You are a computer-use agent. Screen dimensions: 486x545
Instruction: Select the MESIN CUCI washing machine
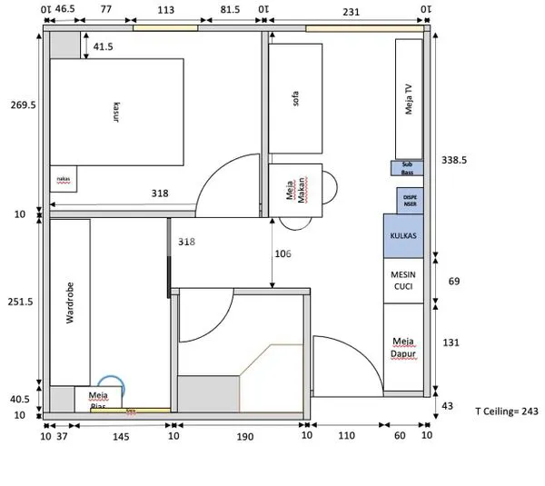pos(403,279)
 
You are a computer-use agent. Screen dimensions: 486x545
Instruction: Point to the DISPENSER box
pos(410,200)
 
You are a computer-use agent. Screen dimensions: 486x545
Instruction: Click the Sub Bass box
pos(407,167)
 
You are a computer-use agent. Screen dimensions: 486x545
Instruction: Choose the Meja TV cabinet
pos(409,99)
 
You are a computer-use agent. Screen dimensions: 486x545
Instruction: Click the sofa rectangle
pos(295,99)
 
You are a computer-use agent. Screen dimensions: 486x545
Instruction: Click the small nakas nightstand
pos(64,179)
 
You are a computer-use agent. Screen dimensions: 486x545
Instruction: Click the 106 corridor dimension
pos(282,254)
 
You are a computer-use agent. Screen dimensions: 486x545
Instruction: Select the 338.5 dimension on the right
pos(454,159)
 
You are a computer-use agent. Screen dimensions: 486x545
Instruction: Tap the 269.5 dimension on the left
pos(22,105)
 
